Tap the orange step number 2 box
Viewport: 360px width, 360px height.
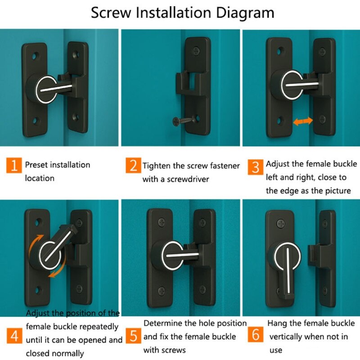point(134,166)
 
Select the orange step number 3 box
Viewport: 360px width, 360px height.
point(256,167)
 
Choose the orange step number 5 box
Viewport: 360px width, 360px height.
point(134,336)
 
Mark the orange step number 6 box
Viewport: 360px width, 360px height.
point(256,336)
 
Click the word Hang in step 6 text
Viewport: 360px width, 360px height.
point(277,323)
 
